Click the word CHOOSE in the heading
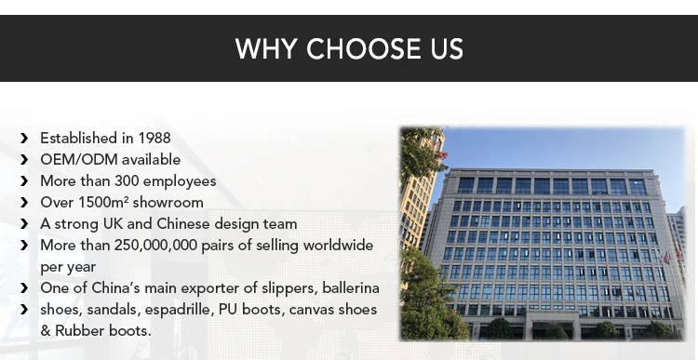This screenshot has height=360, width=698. [363, 48]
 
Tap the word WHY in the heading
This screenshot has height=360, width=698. [266, 48]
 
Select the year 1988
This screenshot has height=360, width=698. [154, 138]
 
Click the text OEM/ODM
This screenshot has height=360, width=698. [79, 159]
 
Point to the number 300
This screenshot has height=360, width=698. [127, 181]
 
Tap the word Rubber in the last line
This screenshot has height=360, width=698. [80, 330]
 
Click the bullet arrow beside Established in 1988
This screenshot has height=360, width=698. [24, 139]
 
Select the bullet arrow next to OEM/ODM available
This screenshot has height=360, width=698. [24, 160]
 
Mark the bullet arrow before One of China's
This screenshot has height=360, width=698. [24, 288]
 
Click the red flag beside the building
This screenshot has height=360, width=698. [667, 257]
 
